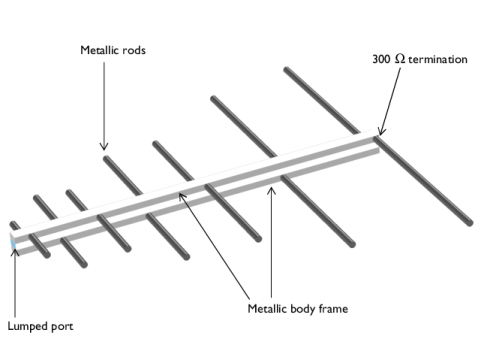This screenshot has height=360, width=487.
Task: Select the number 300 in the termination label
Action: [x=381, y=59]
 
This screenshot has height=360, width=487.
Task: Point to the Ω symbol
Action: [x=400, y=59]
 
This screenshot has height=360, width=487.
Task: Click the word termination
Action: [x=438, y=60]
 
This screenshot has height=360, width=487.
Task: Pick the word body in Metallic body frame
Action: [x=302, y=309]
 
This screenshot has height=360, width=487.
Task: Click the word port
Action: [x=62, y=327]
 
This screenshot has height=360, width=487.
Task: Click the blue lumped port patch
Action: [x=13, y=244]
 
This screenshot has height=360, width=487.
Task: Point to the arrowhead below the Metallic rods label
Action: [x=104, y=147]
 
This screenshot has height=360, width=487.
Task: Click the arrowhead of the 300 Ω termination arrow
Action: [x=381, y=131]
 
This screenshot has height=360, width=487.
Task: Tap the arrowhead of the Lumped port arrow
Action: [x=15, y=252]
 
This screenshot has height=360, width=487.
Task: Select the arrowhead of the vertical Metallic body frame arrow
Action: [x=271, y=191]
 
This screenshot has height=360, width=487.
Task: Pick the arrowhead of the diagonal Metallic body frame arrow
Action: [x=182, y=196]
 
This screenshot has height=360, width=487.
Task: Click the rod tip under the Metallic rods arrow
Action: [x=106, y=158]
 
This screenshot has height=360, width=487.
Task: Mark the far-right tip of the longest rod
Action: [x=470, y=223]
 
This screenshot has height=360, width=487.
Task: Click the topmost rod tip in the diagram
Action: [x=287, y=70]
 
